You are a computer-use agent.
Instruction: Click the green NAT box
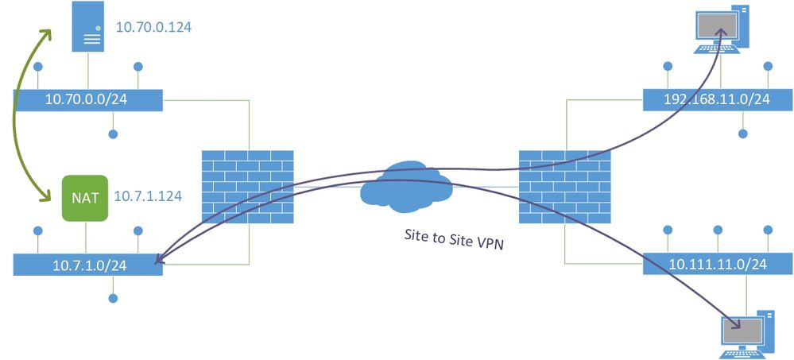[x=85, y=197]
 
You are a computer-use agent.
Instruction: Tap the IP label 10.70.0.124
[x=154, y=27]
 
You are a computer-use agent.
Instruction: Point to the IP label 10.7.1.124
[x=148, y=195]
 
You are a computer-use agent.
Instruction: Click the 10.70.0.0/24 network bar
[x=88, y=100]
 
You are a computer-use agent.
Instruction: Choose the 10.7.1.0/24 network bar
[x=88, y=265]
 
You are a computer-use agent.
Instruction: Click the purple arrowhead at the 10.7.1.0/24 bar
[x=161, y=259]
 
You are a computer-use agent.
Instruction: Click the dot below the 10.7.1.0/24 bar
[x=114, y=299]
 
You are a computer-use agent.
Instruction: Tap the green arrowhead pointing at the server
[x=48, y=35]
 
